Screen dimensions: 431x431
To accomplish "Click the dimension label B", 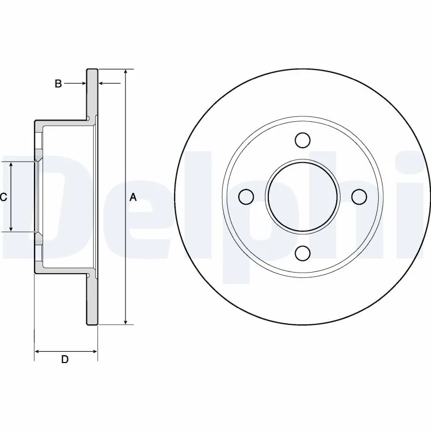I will tap(59, 83).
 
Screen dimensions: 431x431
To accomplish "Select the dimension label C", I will tap(3, 197).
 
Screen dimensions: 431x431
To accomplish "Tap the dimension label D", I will tap(65, 360).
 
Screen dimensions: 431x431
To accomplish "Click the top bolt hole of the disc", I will tap(303, 141).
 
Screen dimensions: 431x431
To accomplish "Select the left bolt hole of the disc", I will tap(246, 197).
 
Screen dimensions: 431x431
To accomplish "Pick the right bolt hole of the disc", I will tap(359, 197).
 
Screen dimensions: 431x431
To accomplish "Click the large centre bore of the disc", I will tap(303, 197).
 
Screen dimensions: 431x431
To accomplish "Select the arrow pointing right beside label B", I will tap(82, 83).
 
